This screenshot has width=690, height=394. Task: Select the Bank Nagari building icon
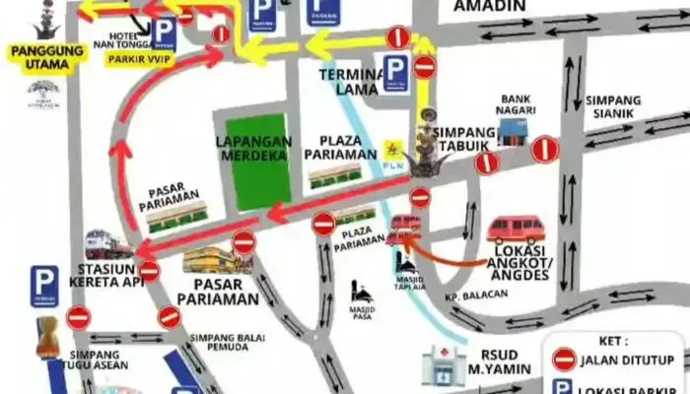click(x=516, y=132)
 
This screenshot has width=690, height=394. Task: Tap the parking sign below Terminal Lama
click(x=396, y=72)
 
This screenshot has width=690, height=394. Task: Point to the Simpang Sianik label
click(x=612, y=105)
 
